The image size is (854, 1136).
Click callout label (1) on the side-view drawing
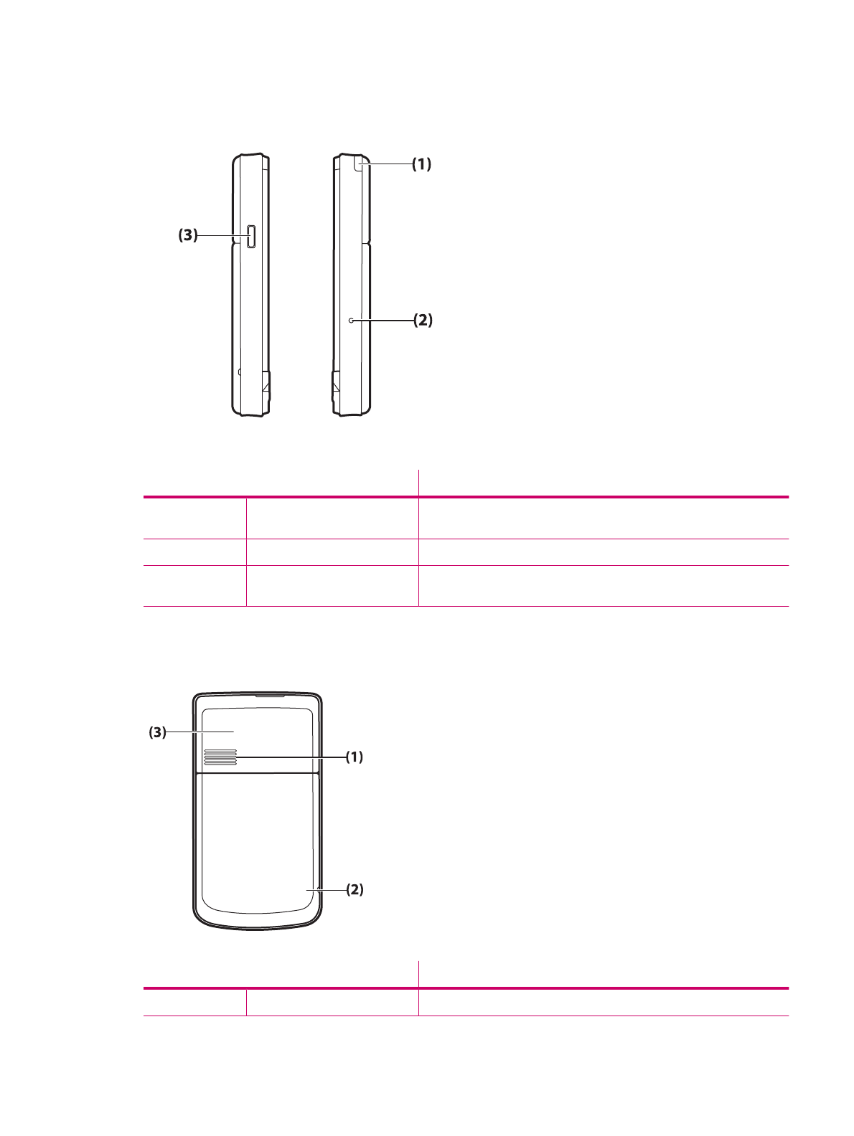(x=421, y=164)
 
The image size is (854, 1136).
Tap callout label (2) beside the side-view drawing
(x=423, y=321)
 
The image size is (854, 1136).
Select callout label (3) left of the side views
(x=188, y=235)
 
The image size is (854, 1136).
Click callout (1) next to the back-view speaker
(x=355, y=757)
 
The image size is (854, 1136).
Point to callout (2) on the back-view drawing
(x=355, y=889)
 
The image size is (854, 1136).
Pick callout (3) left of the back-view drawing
(x=157, y=732)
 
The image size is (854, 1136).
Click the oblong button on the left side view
(x=251, y=237)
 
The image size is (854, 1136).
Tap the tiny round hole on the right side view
(x=352, y=321)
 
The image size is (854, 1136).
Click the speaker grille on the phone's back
(x=220, y=757)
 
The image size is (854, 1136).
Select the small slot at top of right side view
(x=359, y=164)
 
